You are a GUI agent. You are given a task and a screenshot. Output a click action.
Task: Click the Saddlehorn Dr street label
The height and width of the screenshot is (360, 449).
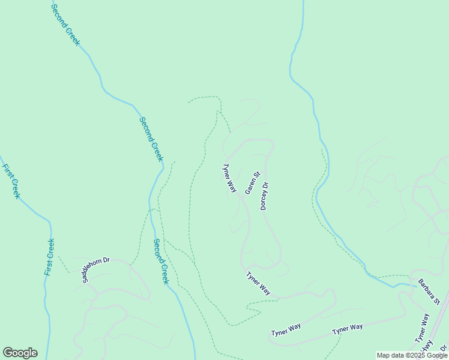pyautogui.click(x=96, y=269)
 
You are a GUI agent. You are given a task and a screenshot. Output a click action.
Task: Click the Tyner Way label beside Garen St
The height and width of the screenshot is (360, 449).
pyautogui.click(x=230, y=178)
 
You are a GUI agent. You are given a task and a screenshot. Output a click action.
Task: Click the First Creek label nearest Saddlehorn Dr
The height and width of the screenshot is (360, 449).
pyautogui.click(x=50, y=257)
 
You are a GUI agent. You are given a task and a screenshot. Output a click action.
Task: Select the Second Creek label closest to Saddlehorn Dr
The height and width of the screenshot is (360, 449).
pyautogui.click(x=161, y=262)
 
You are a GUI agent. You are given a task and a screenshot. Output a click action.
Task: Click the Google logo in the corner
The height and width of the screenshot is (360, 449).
pyautogui.click(x=20, y=353)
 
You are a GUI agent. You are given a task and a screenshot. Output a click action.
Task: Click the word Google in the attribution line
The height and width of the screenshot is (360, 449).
pyautogui.click(x=435, y=355)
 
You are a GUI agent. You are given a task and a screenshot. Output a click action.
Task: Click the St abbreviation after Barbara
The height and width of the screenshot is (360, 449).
pyautogui.click(x=437, y=299)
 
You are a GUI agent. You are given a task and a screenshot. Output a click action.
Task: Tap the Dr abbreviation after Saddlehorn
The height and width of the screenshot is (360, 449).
pyautogui.click(x=106, y=260)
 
